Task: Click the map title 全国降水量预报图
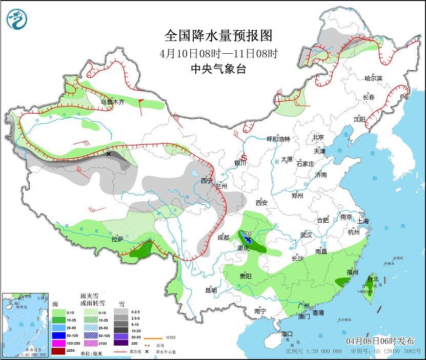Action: click(217, 36)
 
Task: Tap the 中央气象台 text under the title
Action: click(217, 69)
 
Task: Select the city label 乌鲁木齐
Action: click(112, 102)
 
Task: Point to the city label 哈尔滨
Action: click(373, 78)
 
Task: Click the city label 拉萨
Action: click(116, 239)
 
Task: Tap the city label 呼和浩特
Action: click(278, 139)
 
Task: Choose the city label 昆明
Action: click(211, 290)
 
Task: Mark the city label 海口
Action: click(287, 334)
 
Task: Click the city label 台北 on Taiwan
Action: click(373, 279)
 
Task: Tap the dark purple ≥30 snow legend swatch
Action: click(119, 343)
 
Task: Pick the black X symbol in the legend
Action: click(147, 352)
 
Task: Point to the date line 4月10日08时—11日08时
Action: click(217, 53)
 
